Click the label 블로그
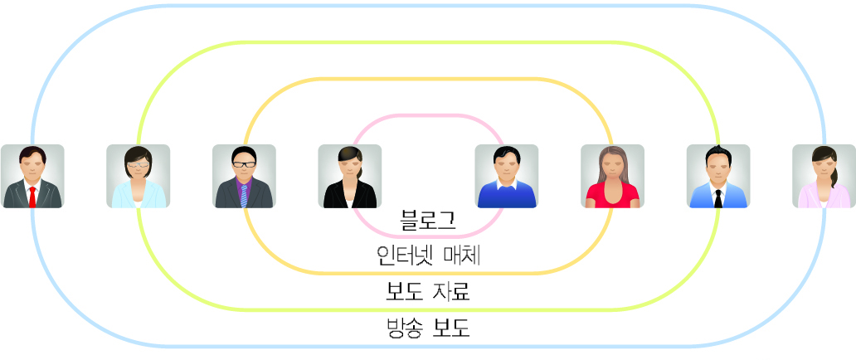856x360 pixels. pos(427,220)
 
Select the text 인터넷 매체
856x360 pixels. pos(428,255)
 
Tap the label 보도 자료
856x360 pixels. pos(428,292)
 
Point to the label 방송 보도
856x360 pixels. pos(428,328)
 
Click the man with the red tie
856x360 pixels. pos(32,176)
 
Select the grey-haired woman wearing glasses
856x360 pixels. pos(138,176)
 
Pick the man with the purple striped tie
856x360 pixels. pos(244,176)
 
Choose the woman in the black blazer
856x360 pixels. pos(349,176)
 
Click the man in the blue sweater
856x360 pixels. pos(506,176)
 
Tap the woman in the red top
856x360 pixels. pos(612,176)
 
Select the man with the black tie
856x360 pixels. pos(718,176)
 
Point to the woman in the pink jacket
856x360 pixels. pos(824,176)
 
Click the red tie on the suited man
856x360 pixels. pos(32,197)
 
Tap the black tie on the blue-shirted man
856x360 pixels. pos(718,197)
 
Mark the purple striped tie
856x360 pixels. pos(244,196)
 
